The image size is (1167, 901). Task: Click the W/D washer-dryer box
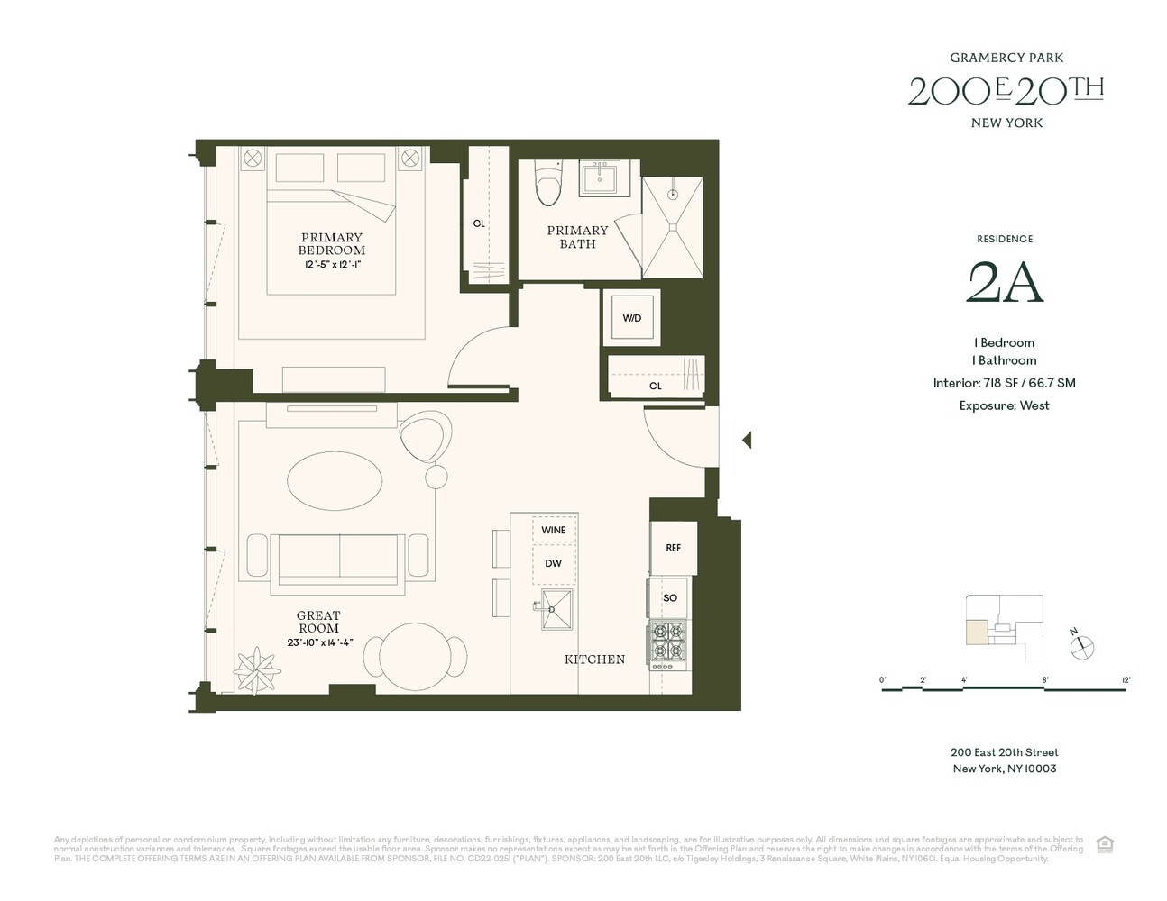631,317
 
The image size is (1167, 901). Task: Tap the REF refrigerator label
673,548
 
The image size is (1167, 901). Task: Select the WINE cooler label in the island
554,530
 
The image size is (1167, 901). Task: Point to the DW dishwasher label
554,563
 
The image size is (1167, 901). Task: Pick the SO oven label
670,597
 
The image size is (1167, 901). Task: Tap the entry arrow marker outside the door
746,440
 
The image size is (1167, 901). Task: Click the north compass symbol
1082,645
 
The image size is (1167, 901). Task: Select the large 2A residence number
1005,282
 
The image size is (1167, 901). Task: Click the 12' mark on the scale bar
1126,680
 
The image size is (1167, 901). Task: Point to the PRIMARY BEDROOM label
332,244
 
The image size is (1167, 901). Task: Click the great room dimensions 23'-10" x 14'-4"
319,642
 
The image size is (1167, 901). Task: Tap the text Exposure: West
1004,405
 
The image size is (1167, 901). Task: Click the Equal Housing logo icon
1105,844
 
